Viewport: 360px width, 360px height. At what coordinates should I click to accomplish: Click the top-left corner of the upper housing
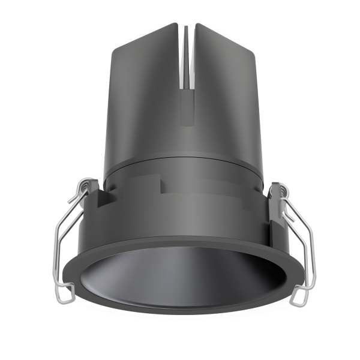point(113,47)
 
